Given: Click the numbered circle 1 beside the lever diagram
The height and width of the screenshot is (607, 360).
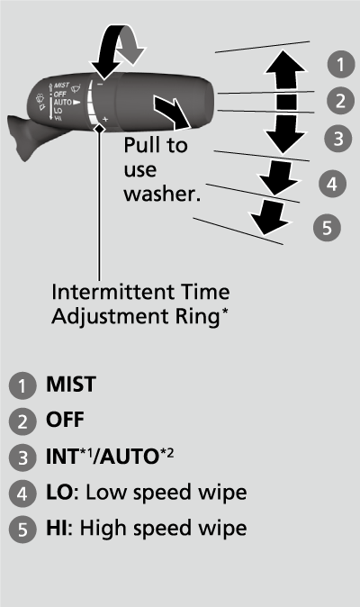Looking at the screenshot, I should (x=339, y=64).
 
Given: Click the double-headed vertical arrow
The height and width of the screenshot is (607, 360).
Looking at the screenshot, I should (x=285, y=100).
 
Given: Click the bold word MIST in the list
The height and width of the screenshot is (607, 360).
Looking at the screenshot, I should (x=72, y=384).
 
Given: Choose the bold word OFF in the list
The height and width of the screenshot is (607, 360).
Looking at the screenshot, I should (x=65, y=420).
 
